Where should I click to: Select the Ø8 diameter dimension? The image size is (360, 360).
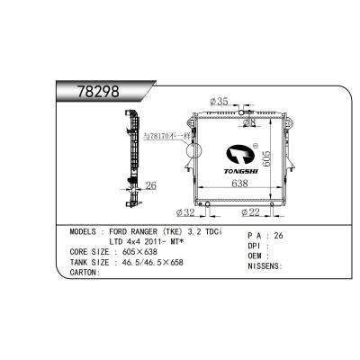pyautogui.click(x=248, y=122)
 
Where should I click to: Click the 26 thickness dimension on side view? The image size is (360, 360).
pyautogui.click(x=151, y=187)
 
